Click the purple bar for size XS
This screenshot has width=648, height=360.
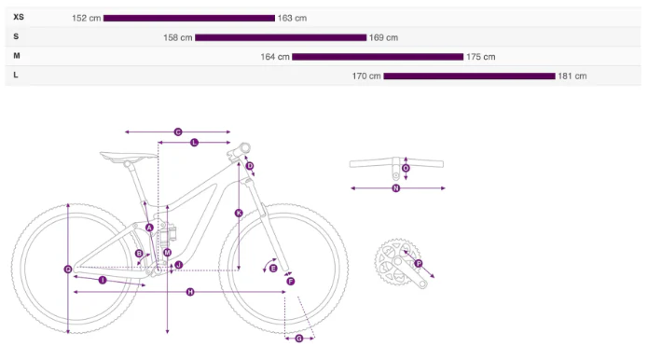point(189,18)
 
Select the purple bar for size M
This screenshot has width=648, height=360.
point(378,57)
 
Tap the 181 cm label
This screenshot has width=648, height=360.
point(572,76)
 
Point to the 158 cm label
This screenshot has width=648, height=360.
point(178,37)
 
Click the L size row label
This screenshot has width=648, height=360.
point(16,75)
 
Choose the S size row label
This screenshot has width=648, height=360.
point(16,36)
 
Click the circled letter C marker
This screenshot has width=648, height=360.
point(178,132)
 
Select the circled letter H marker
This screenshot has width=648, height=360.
point(190,292)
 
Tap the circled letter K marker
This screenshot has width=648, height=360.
point(239,213)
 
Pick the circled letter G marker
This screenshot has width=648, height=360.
point(299,339)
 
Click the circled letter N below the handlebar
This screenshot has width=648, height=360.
point(396,188)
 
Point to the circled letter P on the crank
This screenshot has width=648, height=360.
point(419,263)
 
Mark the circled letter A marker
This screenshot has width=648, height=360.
point(149,228)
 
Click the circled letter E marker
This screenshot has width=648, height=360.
point(273,269)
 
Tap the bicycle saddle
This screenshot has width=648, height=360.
point(128,157)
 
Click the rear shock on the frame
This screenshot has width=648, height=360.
point(169,233)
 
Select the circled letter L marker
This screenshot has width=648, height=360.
point(194,143)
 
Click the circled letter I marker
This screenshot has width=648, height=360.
point(103,280)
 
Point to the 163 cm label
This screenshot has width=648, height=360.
point(292,18)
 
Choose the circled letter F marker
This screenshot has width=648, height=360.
point(291,282)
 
